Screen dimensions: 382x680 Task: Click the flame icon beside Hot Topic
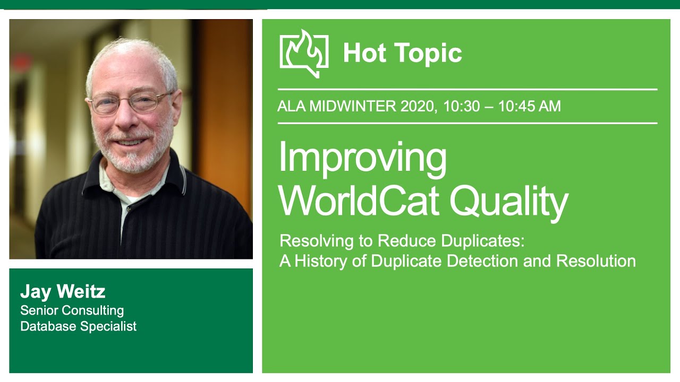click(x=304, y=53)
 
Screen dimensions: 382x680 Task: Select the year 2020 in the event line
click(x=418, y=106)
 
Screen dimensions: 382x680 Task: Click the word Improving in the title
click(x=362, y=158)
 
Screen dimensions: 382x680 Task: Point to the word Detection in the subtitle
click(x=483, y=261)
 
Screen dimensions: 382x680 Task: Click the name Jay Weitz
click(x=63, y=291)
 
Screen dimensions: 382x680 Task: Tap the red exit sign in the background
click(x=21, y=62)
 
